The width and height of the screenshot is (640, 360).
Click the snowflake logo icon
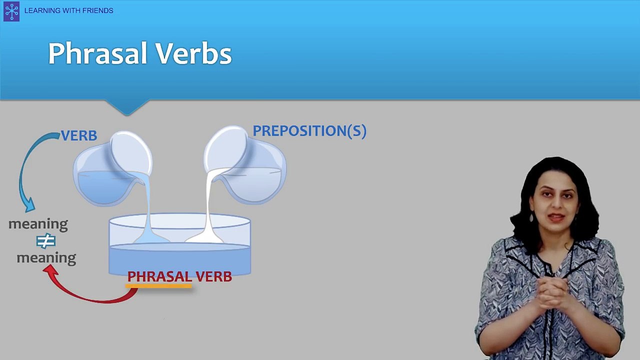pyautogui.click(x=11, y=11)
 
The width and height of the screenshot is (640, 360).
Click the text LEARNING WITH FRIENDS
pyautogui.click(x=68, y=10)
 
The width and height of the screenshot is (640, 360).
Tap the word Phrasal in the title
pyautogui.click(x=97, y=53)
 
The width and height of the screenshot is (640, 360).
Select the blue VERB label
pyautogui.click(x=79, y=136)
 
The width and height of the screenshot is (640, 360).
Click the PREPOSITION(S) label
pyautogui.click(x=309, y=131)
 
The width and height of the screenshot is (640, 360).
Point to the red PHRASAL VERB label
pyautogui.click(x=179, y=276)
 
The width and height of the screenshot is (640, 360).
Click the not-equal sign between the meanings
pyautogui.click(x=45, y=241)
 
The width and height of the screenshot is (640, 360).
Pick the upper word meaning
pyautogui.click(x=38, y=224)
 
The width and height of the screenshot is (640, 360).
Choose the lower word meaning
pyautogui.click(x=46, y=258)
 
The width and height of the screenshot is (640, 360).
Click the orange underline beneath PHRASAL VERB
pyautogui.click(x=158, y=286)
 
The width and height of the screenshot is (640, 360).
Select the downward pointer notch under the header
pyautogui.click(x=127, y=107)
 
